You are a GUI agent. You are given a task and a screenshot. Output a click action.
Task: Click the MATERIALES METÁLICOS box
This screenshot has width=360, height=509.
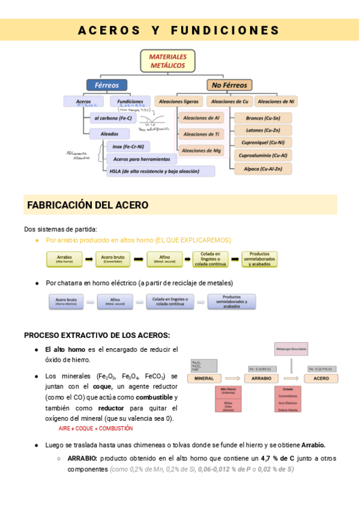[168, 60]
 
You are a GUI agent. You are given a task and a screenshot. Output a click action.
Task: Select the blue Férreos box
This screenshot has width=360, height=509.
[107, 85]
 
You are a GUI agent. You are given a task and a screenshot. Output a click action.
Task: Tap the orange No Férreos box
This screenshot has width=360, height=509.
[229, 85]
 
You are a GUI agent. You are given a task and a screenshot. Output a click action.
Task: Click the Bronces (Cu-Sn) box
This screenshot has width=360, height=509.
[262, 118]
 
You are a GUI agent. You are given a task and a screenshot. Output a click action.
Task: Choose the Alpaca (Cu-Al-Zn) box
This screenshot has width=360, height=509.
[262, 169]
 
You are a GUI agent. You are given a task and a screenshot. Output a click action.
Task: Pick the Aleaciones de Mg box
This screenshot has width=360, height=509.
[201, 151]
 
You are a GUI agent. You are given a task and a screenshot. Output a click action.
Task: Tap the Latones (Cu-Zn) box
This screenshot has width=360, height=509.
[262, 130]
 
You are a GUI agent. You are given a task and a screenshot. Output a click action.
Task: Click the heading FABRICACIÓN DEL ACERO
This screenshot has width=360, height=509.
[88, 205]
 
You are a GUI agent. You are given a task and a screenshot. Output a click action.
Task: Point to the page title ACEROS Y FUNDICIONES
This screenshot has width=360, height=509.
[179, 30]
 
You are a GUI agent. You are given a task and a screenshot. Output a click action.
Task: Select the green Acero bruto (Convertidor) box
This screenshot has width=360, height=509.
[112, 259]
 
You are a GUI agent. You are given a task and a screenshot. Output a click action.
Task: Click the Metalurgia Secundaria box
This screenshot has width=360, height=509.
[292, 348]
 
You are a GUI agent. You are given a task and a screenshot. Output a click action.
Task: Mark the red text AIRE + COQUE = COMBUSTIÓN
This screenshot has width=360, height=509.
[95, 429]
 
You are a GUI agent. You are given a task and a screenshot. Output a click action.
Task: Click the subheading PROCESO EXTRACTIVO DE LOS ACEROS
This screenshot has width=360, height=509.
[97, 335]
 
